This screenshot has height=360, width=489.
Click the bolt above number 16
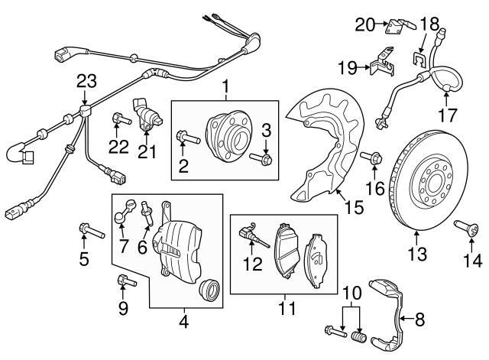[x=375, y=159]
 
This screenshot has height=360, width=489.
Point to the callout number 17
[x=447, y=117]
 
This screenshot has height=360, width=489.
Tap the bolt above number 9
[x=124, y=282]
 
